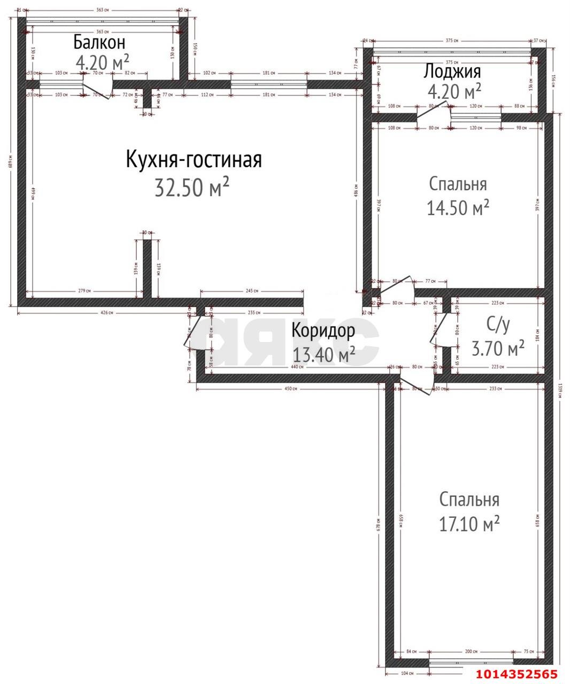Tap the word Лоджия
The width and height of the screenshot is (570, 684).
coord(452,71)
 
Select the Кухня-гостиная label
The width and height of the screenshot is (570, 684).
coord(194,160)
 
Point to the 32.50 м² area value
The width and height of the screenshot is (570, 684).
coord(192,188)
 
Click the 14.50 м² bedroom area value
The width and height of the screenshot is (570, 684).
coord(458,207)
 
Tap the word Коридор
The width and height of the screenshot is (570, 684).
coord(322,331)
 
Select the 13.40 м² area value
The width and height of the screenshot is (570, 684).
coord(324,354)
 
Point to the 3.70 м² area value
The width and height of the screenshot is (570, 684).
coord(497,349)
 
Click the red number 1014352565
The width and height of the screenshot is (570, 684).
coord(517,674)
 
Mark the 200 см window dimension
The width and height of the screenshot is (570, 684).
coord(471,652)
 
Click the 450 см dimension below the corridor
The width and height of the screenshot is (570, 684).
coord(291,388)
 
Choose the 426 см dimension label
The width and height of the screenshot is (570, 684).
coord(107,313)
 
